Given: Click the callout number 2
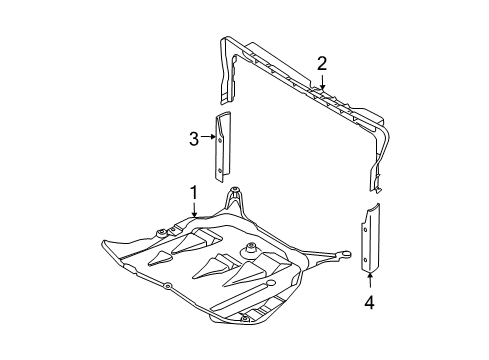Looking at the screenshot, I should (x=322, y=64).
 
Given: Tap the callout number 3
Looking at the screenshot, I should (x=195, y=140).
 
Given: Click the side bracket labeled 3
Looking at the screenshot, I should (x=222, y=145).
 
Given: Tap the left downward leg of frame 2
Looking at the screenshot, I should (x=226, y=75).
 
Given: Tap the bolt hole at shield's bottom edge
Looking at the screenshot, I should (x=243, y=319).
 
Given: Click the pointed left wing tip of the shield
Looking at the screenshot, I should (x=104, y=243).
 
